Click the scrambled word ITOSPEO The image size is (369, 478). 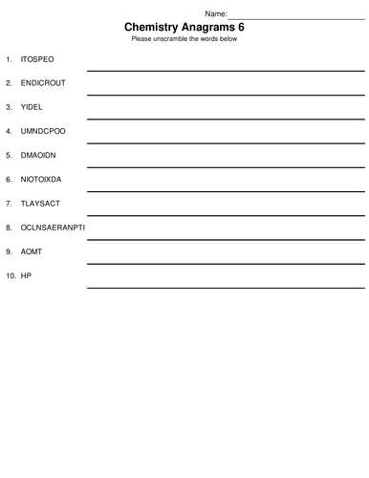(37, 59)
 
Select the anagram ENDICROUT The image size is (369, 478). (43, 83)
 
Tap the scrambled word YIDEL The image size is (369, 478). (32, 107)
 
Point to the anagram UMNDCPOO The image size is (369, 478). (43, 131)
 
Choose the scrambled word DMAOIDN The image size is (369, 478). (39, 155)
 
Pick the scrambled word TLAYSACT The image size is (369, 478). (40, 204)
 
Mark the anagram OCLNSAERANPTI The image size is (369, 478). (53, 228)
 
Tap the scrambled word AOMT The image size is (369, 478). (32, 251)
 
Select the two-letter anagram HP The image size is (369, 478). (26, 276)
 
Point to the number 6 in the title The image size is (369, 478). (240, 28)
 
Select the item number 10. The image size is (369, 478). (11, 276)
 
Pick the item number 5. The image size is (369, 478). (10, 155)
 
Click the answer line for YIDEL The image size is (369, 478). (226, 118)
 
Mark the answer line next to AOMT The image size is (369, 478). (226, 262)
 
